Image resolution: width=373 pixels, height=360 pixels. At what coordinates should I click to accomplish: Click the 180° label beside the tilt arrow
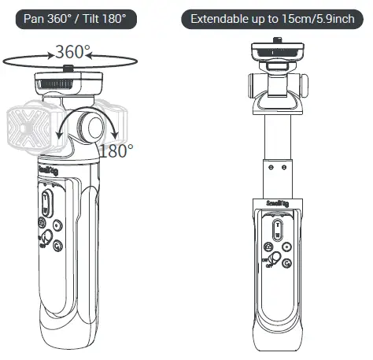(116, 150)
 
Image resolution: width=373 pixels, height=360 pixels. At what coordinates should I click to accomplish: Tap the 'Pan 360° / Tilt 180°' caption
(76, 18)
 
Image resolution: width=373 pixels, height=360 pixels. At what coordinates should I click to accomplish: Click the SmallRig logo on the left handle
(46, 169)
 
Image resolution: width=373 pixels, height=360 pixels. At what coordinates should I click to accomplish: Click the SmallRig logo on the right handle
(277, 202)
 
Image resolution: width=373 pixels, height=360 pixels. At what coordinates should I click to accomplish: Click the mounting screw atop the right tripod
(277, 39)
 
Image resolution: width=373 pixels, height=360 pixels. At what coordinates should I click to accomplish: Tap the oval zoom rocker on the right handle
(277, 230)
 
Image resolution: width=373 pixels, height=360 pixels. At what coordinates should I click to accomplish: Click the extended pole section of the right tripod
(277, 138)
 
